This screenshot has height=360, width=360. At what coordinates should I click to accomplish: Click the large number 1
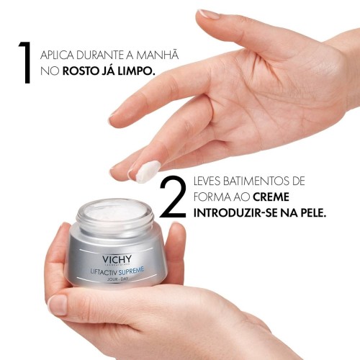26,63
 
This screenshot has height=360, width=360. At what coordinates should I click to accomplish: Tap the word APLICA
58,55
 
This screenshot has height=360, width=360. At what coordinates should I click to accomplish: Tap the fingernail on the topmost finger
210,14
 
